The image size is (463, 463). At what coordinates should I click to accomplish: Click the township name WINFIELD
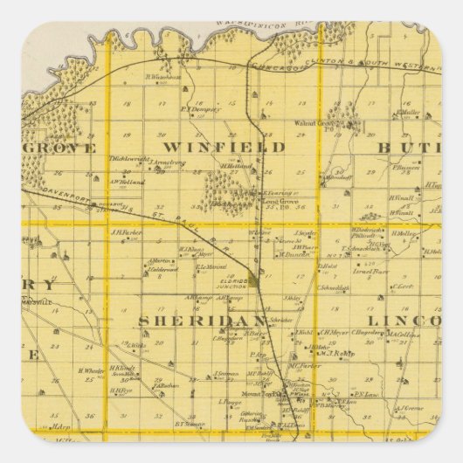[x=225, y=147]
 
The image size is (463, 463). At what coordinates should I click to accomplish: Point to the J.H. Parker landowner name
[x=127, y=232]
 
